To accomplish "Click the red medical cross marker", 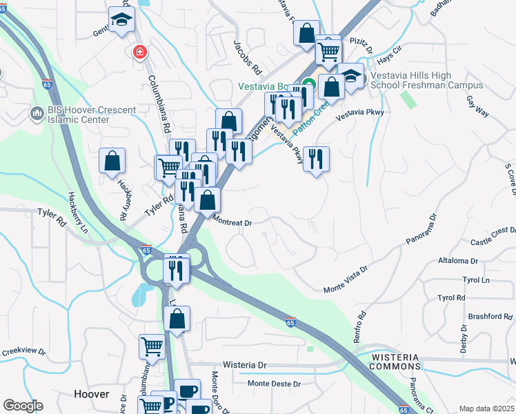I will pyautogui.click(x=139, y=52).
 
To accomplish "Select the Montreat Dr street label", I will pyautogui.click(x=232, y=222).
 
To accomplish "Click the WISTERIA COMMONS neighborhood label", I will pyautogui.click(x=394, y=361).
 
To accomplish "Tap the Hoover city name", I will pyautogui.click(x=92, y=394).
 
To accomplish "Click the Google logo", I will pyautogui.click(x=23, y=406).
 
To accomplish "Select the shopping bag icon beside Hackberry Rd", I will pyautogui.click(x=112, y=162).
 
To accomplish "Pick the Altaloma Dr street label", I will pyautogui.click(x=458, y=262).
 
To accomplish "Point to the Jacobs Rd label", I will pyautogui.click(x=248, y=59).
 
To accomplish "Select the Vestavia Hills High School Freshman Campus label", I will pyautogui.click(x=426, y=80).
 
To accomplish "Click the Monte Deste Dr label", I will pyautogui.click(x=274, y=384).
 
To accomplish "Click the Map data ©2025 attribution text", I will pyautogui.click(x=486, y=408).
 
